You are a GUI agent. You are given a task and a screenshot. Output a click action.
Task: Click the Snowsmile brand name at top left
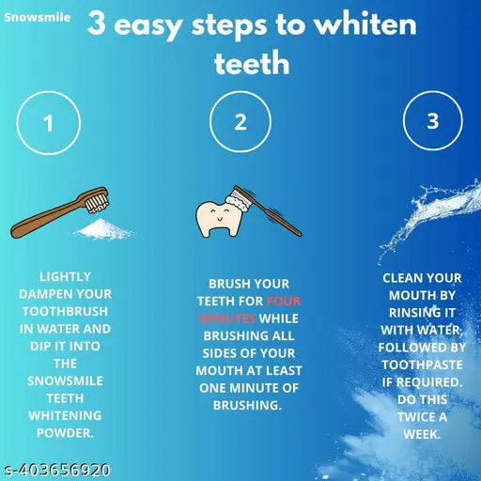coord(36,17)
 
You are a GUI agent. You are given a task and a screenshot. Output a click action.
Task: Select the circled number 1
coord(48,123)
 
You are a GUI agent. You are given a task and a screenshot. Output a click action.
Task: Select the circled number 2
coord(240,123)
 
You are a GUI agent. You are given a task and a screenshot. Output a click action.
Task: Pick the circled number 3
coord(432,121)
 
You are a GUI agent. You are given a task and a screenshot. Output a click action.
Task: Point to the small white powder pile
coord(104,228)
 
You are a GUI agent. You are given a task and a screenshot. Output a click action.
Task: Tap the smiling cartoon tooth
coord(218,216)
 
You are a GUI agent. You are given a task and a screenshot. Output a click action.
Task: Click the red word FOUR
coord(284,302)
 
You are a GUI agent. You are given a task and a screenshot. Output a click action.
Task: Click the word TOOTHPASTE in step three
coord(423,365)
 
